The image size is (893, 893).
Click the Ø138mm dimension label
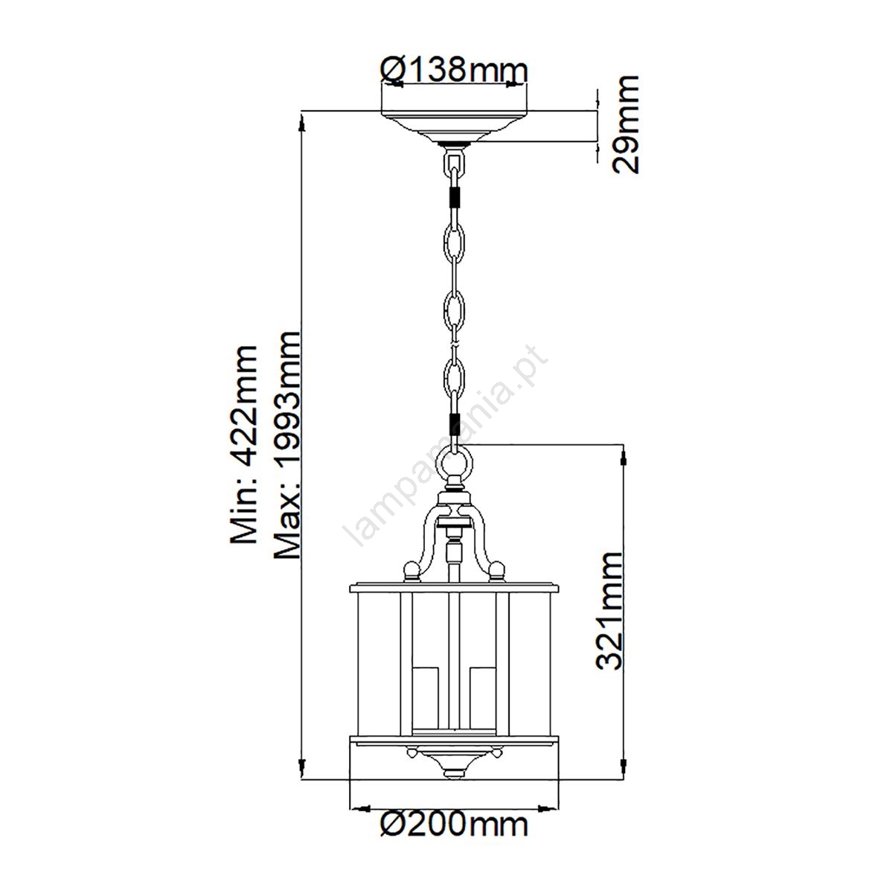(454, 71)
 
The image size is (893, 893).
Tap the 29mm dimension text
(625, 125)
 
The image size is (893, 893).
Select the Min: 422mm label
(244, 444)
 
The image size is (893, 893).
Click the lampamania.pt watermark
(446, 446)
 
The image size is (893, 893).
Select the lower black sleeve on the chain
(455, 423)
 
